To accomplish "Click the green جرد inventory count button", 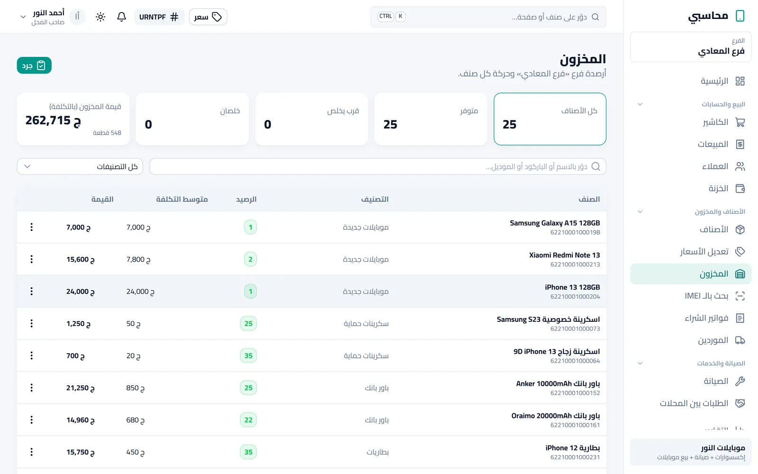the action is tap(34, 65).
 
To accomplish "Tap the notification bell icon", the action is tap(121, 17).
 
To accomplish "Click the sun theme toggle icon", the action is tap(100, 17).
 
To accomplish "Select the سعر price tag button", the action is tap(208, 17).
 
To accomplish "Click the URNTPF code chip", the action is tap(159, 17).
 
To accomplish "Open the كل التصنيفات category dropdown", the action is tap(80, 166).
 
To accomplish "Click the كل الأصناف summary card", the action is tap(550, 119).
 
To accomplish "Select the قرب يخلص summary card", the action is tap(311, 119).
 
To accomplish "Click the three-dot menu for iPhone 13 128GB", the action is tap(31, 291).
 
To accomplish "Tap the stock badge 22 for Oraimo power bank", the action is tap(248, 420).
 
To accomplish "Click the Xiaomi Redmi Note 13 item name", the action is tap(564, 255).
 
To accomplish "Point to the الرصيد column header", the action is tap(246, 199).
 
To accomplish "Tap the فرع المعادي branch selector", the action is tap(691, 47).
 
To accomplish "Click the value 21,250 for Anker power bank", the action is tap(80, 388).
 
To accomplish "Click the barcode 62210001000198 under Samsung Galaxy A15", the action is tap(575, 232).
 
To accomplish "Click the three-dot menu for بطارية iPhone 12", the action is tap(31, 452).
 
